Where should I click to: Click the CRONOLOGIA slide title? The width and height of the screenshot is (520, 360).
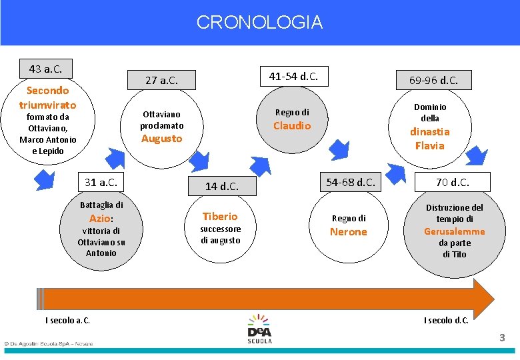[259, 23]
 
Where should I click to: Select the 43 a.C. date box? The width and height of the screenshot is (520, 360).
[46, 69]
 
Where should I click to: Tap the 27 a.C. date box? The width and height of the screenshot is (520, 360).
[161, 80]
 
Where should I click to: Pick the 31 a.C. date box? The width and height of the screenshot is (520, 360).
[101, 182]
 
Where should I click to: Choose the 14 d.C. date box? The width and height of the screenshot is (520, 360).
[221, 186]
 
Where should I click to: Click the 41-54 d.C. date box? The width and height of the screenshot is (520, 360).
[293, 77]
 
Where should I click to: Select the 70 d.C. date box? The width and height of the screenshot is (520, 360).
[453, 182]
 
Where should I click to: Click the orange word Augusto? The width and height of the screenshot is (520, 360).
[161, 139]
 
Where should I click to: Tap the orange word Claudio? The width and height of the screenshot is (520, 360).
[292, 125]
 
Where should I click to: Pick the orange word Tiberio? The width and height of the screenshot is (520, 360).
[220, 216]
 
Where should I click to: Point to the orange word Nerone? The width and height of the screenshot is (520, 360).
[349, 231]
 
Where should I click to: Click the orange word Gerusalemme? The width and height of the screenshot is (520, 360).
[455, 231]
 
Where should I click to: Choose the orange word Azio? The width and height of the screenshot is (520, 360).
[99, 218]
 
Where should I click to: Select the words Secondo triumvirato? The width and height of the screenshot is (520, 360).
[47, 97]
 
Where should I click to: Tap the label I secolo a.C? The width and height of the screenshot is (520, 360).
[67, 321]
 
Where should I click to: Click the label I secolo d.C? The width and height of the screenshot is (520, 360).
[446, 321]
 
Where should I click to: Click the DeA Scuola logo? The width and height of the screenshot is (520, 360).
[259, 329]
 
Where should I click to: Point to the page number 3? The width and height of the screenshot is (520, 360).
[503, 339]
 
